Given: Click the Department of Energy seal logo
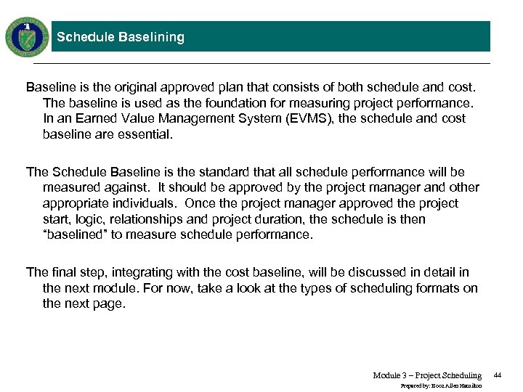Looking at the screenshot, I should tap(26, 36).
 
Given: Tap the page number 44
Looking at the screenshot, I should tap(498, 375).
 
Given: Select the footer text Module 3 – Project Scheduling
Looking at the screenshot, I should tap(427, 375).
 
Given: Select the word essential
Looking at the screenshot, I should tap(147, 134).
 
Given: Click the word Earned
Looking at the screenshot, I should tap(82, 118).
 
